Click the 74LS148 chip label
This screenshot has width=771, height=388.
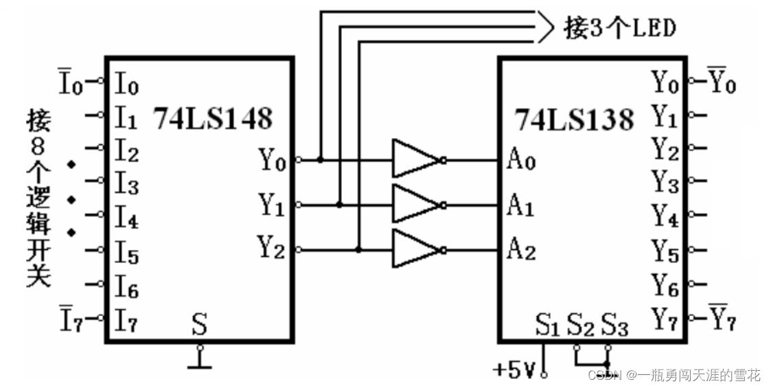212,118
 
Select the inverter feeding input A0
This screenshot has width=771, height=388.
417,160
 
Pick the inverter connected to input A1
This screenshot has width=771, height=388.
417,204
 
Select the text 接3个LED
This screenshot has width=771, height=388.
620,28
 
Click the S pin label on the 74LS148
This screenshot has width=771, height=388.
199,323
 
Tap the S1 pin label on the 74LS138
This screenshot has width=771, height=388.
547,325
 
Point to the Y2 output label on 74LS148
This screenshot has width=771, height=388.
271,248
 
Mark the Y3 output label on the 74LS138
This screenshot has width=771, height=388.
665,183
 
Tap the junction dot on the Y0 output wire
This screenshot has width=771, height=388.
321,160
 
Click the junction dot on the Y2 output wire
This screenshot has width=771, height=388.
358,249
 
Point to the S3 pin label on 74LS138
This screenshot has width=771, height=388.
614,325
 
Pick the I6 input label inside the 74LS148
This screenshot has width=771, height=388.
126,286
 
